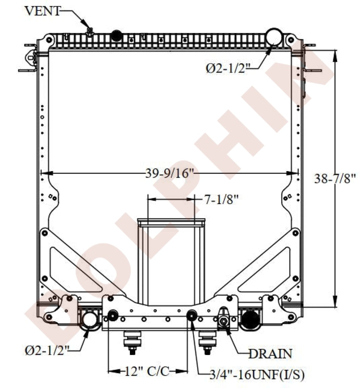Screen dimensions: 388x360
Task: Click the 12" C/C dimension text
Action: pyautogui.click(x=147, y=371)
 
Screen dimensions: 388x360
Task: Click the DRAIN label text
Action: pyautogui.click(x=270, y=353)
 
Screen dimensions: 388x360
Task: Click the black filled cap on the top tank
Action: pyautogui.click(x=116, y=36)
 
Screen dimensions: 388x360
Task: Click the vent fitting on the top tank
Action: pyautogui.click(x=90, y=31)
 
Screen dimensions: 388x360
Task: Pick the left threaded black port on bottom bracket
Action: pyautogui.click(x=113, y=315)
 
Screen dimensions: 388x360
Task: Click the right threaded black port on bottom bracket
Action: pyautogui.click(x=192, y=315)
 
